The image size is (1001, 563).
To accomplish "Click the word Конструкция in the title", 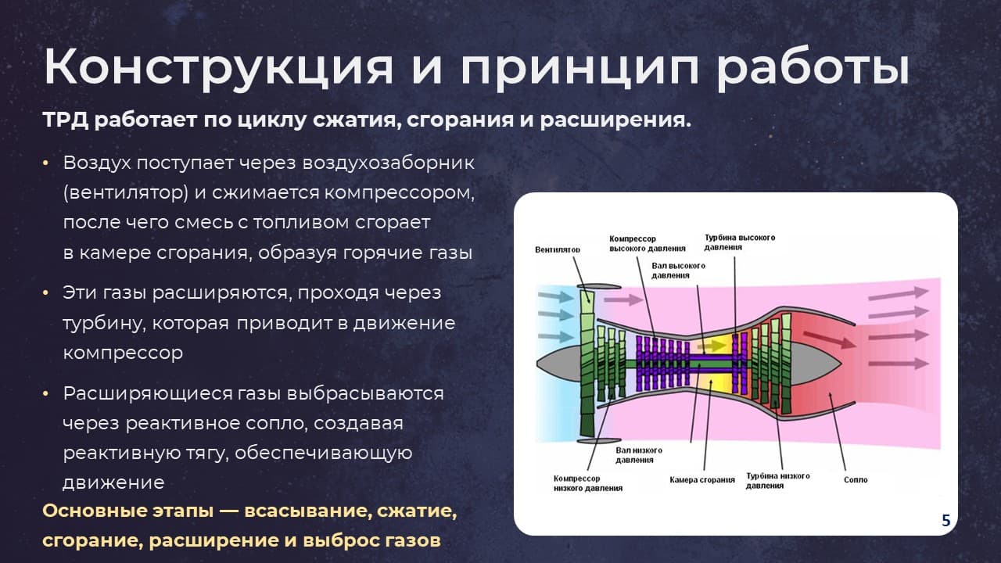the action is point(218,68).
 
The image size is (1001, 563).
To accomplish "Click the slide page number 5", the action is point(946,521).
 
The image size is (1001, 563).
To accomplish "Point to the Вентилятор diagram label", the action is point(558,249).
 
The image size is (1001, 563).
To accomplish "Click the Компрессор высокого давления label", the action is point(647,243).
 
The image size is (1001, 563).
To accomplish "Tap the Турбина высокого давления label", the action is point(740,242).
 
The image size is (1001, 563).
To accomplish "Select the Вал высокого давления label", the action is point(678,271).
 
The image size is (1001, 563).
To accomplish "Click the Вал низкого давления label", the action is point(639,455).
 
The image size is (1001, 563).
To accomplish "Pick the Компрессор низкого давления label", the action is point(587,483).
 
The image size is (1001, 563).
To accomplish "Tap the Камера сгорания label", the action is point(702,480).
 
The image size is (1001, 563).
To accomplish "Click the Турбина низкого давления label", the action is point(777,481).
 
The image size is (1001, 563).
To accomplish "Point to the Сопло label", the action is point(856,480).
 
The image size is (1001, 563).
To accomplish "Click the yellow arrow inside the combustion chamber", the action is point(712,346).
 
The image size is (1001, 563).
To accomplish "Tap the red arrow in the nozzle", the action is point(830,340).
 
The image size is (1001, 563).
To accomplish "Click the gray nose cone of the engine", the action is point(558,363).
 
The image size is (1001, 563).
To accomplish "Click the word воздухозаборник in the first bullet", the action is point(389,163).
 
